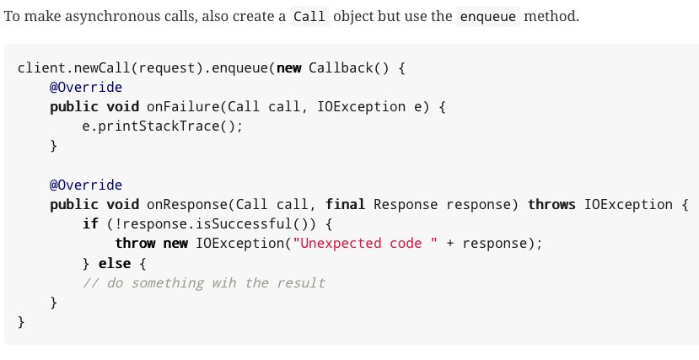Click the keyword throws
(x=551, y=205)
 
